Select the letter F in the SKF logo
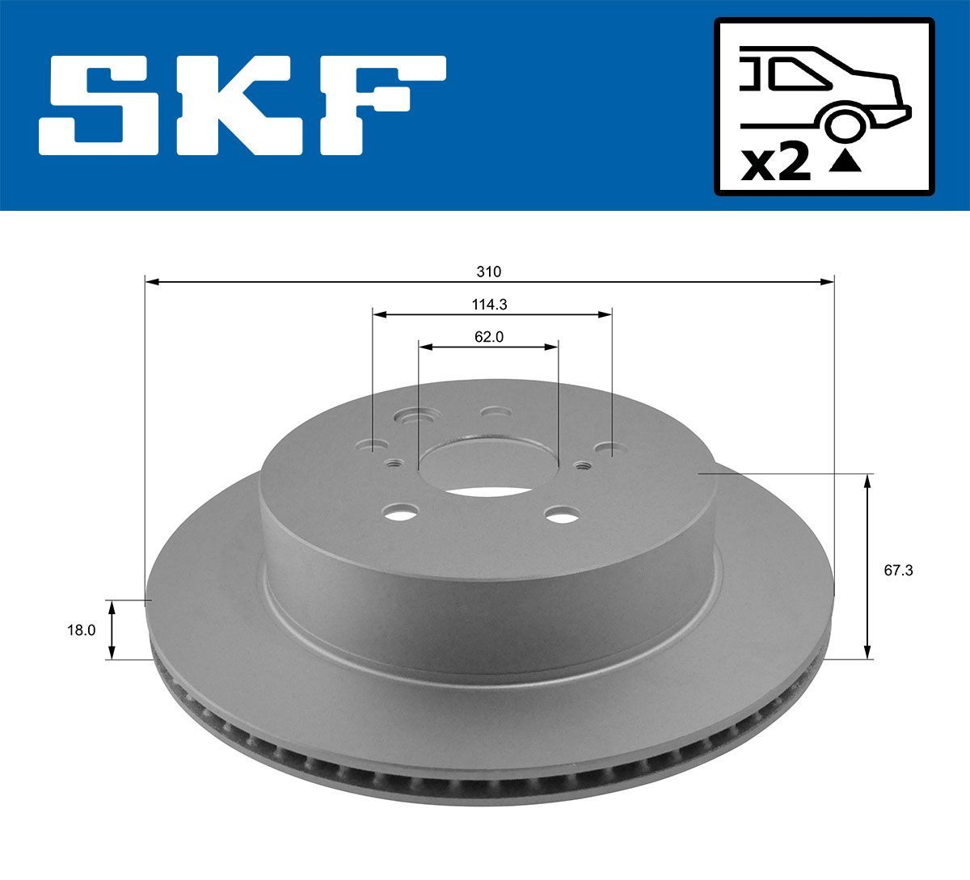380,105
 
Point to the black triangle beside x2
846,162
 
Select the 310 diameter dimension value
488,272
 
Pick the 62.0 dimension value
489,338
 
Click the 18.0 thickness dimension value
81,630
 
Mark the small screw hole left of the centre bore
394,464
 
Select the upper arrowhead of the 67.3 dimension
868,482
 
